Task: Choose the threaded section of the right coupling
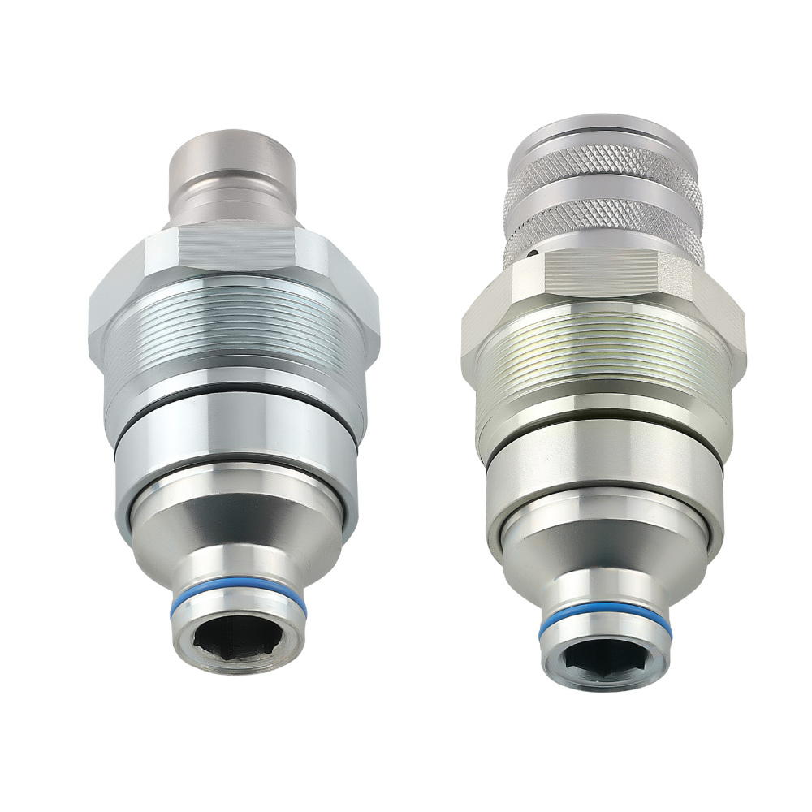(x=605, y=357)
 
